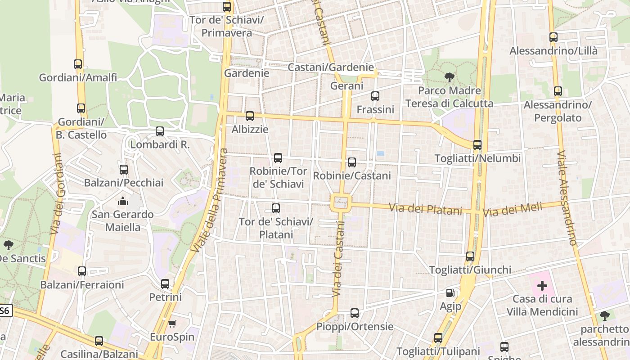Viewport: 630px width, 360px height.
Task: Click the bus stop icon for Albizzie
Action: pos(250,116)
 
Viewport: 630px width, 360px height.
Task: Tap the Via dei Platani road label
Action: pos(425,209)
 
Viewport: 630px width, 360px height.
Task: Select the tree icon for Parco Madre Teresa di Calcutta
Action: pos(449,77)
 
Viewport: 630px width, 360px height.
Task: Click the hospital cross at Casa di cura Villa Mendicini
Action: pos(542,285)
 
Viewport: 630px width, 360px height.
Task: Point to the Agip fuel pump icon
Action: pos(450,293)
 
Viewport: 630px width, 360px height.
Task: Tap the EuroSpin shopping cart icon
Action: pos(172,324)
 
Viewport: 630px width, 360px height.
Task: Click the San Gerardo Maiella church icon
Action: pos(123,201)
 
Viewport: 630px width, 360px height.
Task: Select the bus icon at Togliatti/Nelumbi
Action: pos(477,145)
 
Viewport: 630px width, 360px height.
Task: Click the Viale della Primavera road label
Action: pos(210,200)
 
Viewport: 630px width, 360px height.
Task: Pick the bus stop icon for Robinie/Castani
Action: pos(352,162)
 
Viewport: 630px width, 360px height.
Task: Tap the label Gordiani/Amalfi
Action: pos(78,77)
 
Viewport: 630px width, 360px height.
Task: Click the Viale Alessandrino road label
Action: pos(567,198)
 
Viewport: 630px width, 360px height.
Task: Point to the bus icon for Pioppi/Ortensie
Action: pos(355,313)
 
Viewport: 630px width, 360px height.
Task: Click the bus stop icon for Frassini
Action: pos(375,96)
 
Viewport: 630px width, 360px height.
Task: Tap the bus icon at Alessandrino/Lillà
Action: pos(553,38)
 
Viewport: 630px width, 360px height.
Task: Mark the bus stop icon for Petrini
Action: pos(165,284)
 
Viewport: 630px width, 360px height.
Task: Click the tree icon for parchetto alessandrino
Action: pos(604,315)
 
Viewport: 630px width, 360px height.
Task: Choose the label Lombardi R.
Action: pos(160,145)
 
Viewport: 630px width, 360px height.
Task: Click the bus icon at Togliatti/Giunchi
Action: pos(470,256)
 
